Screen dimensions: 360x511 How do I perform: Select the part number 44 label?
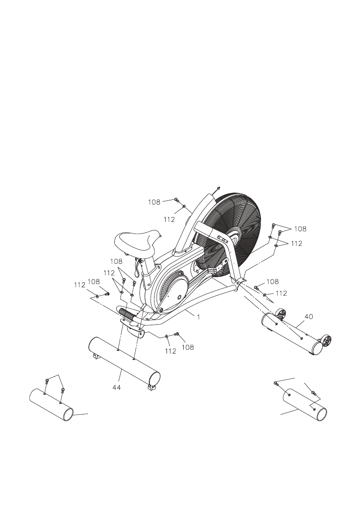(116, 387)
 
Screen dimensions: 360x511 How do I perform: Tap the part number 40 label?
(309, 317)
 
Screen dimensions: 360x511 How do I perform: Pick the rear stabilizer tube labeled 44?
(124, 360)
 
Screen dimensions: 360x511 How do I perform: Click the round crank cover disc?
(172, 290)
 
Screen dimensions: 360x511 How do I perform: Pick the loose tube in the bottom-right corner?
(305, 405)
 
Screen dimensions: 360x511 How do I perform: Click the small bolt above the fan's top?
(218, 188)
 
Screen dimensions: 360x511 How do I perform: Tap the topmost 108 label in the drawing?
(154, 201)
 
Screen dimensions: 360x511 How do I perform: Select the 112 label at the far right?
(296, 244)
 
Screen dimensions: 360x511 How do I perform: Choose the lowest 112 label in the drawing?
(171, 351)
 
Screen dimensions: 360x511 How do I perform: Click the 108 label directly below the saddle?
(116, 261)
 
